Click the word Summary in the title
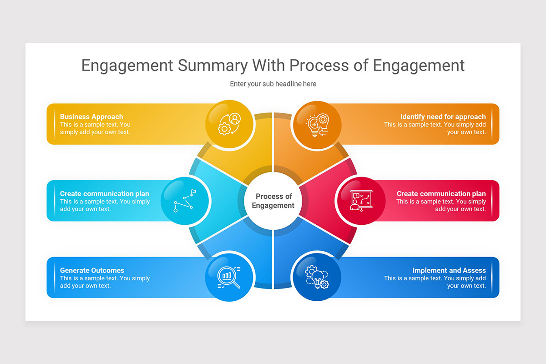(212, 66)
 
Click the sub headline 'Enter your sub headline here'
(273, 84)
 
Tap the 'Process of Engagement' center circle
(273, 201)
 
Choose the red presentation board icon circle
(361, 201)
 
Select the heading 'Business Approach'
(91, 116)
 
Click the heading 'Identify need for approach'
(443, 116)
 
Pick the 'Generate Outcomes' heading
(92, 270)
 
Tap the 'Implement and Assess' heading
(449, 270)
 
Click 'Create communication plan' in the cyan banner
(105, 193)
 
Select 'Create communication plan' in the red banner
(441, 193)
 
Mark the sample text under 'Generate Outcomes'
(105, 282)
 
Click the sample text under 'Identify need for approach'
(435, 128)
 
